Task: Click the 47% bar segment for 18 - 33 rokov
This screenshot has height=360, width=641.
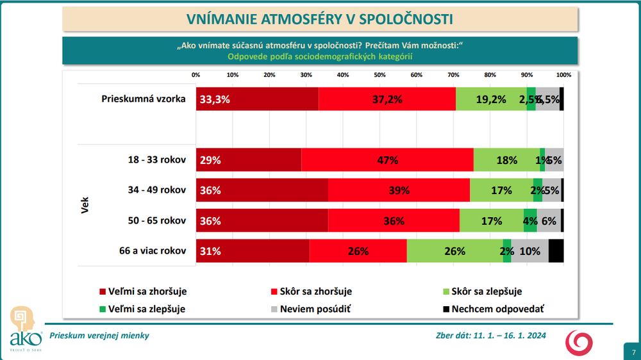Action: click(x=387, y=160)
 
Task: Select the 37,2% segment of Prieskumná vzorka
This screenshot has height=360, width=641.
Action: click(x=387, y=99)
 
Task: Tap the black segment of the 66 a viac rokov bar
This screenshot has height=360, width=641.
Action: click(x=556, y=250)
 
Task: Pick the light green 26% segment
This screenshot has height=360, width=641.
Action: click(x=454, y=250)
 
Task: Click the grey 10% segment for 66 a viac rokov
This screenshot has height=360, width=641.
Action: click(x=529, y=250)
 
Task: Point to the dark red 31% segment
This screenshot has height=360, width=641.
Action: click(x=253, y=250)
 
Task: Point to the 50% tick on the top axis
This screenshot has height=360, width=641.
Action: click(x=379, y=75)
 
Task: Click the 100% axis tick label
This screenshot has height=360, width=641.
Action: click(x=563, y=75)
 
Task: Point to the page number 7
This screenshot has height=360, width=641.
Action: click(x=633, y=352)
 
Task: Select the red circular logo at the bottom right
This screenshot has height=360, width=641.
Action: click(x=579, y=343)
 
